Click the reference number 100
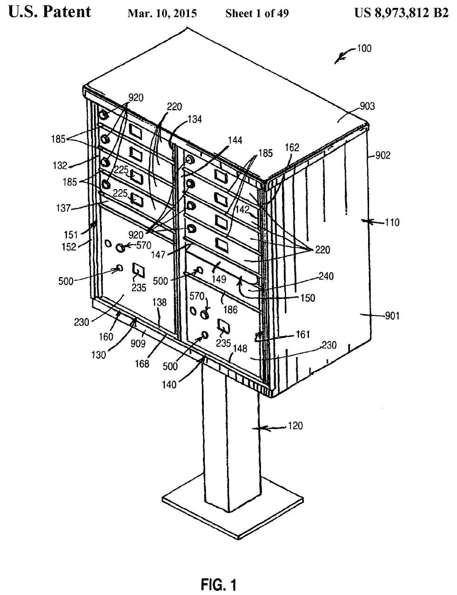[x=364, y=48]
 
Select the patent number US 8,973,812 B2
[x=402, y=13]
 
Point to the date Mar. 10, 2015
[x=162, y=13]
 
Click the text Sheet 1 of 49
[x=257, y=13]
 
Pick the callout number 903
[x=367, y=106]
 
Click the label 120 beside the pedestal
[x=295, y=426]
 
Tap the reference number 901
[x=392, y=316]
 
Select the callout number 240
[x=326, y=276]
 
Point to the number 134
[x=195, y=119]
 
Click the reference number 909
[x=138, y=344]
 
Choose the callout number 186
[x=230, y=310]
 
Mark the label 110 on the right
[x=392, y=222]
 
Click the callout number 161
[x=302, y=334]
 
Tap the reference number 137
[x=63, y=208]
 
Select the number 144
[x=235, y=140]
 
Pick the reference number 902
[x=383, y=155]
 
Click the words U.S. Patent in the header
[x=50, y=12]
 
